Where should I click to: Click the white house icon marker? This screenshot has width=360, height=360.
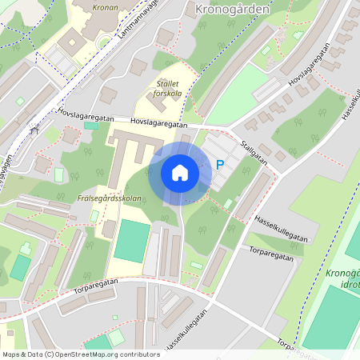[180, 173]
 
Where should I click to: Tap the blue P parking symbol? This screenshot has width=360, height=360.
[220, 166]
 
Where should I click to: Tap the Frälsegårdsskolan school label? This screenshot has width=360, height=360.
[110, 198]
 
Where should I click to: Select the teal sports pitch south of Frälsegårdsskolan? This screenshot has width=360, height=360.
[132, 241]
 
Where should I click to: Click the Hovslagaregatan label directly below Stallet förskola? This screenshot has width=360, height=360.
[158, 124]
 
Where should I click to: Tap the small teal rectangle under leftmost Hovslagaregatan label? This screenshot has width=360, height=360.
[91, 126]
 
